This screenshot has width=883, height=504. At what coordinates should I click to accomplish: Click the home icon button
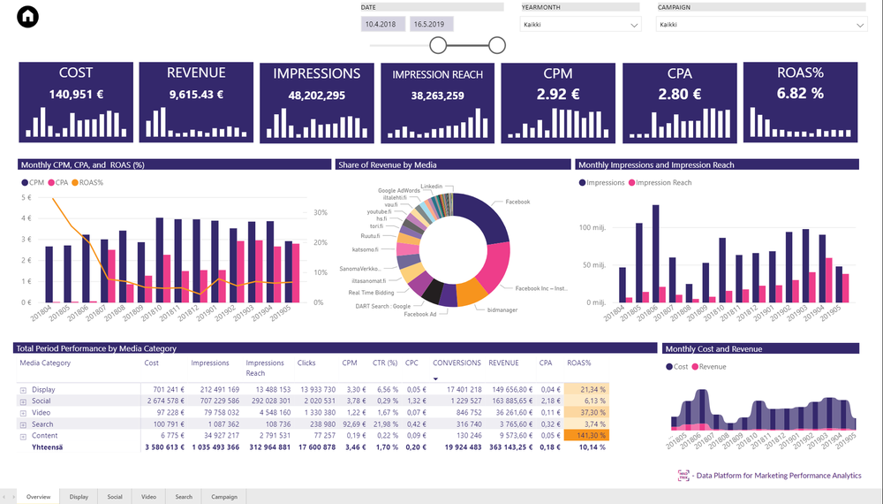(x=28, y=17)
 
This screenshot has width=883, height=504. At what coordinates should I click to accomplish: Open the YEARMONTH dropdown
(x=580, y=25)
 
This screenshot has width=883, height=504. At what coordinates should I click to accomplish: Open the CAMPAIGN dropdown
(x=761, y=25)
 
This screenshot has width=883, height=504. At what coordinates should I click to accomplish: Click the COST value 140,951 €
(x=76, y=94)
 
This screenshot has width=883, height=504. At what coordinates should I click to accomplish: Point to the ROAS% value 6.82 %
(x=800, y=93)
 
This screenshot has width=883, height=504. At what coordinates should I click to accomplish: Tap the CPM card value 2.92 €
(x=558, y=94)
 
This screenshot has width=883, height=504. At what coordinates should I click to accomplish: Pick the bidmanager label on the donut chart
(x=502, y=309)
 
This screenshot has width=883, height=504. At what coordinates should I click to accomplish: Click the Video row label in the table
(x=41, y=412)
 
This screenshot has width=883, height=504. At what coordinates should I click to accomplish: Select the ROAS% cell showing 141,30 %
(x=586, y=435)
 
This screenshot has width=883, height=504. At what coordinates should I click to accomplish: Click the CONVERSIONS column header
(x=457, y=363)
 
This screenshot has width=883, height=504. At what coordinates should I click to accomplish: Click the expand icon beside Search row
(x=23, y=424)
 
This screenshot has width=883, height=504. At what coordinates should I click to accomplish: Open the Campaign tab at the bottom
(x=224, y=497)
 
